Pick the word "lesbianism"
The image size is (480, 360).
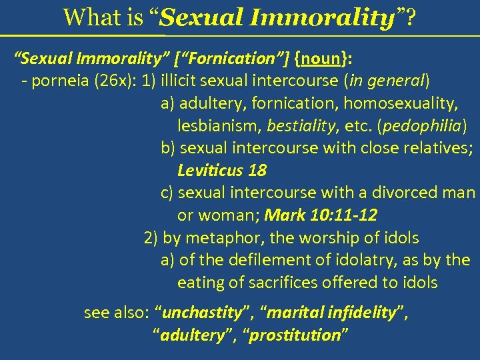click(x=219, y=125)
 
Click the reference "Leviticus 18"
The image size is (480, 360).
click(x=222, y=170)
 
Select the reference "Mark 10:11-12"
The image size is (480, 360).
click(x=321, y=215)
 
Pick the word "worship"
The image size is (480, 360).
click(x=323, y=237)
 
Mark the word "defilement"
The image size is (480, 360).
click(x=260, y=259)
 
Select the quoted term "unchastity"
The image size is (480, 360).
click(x=202, y=313)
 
